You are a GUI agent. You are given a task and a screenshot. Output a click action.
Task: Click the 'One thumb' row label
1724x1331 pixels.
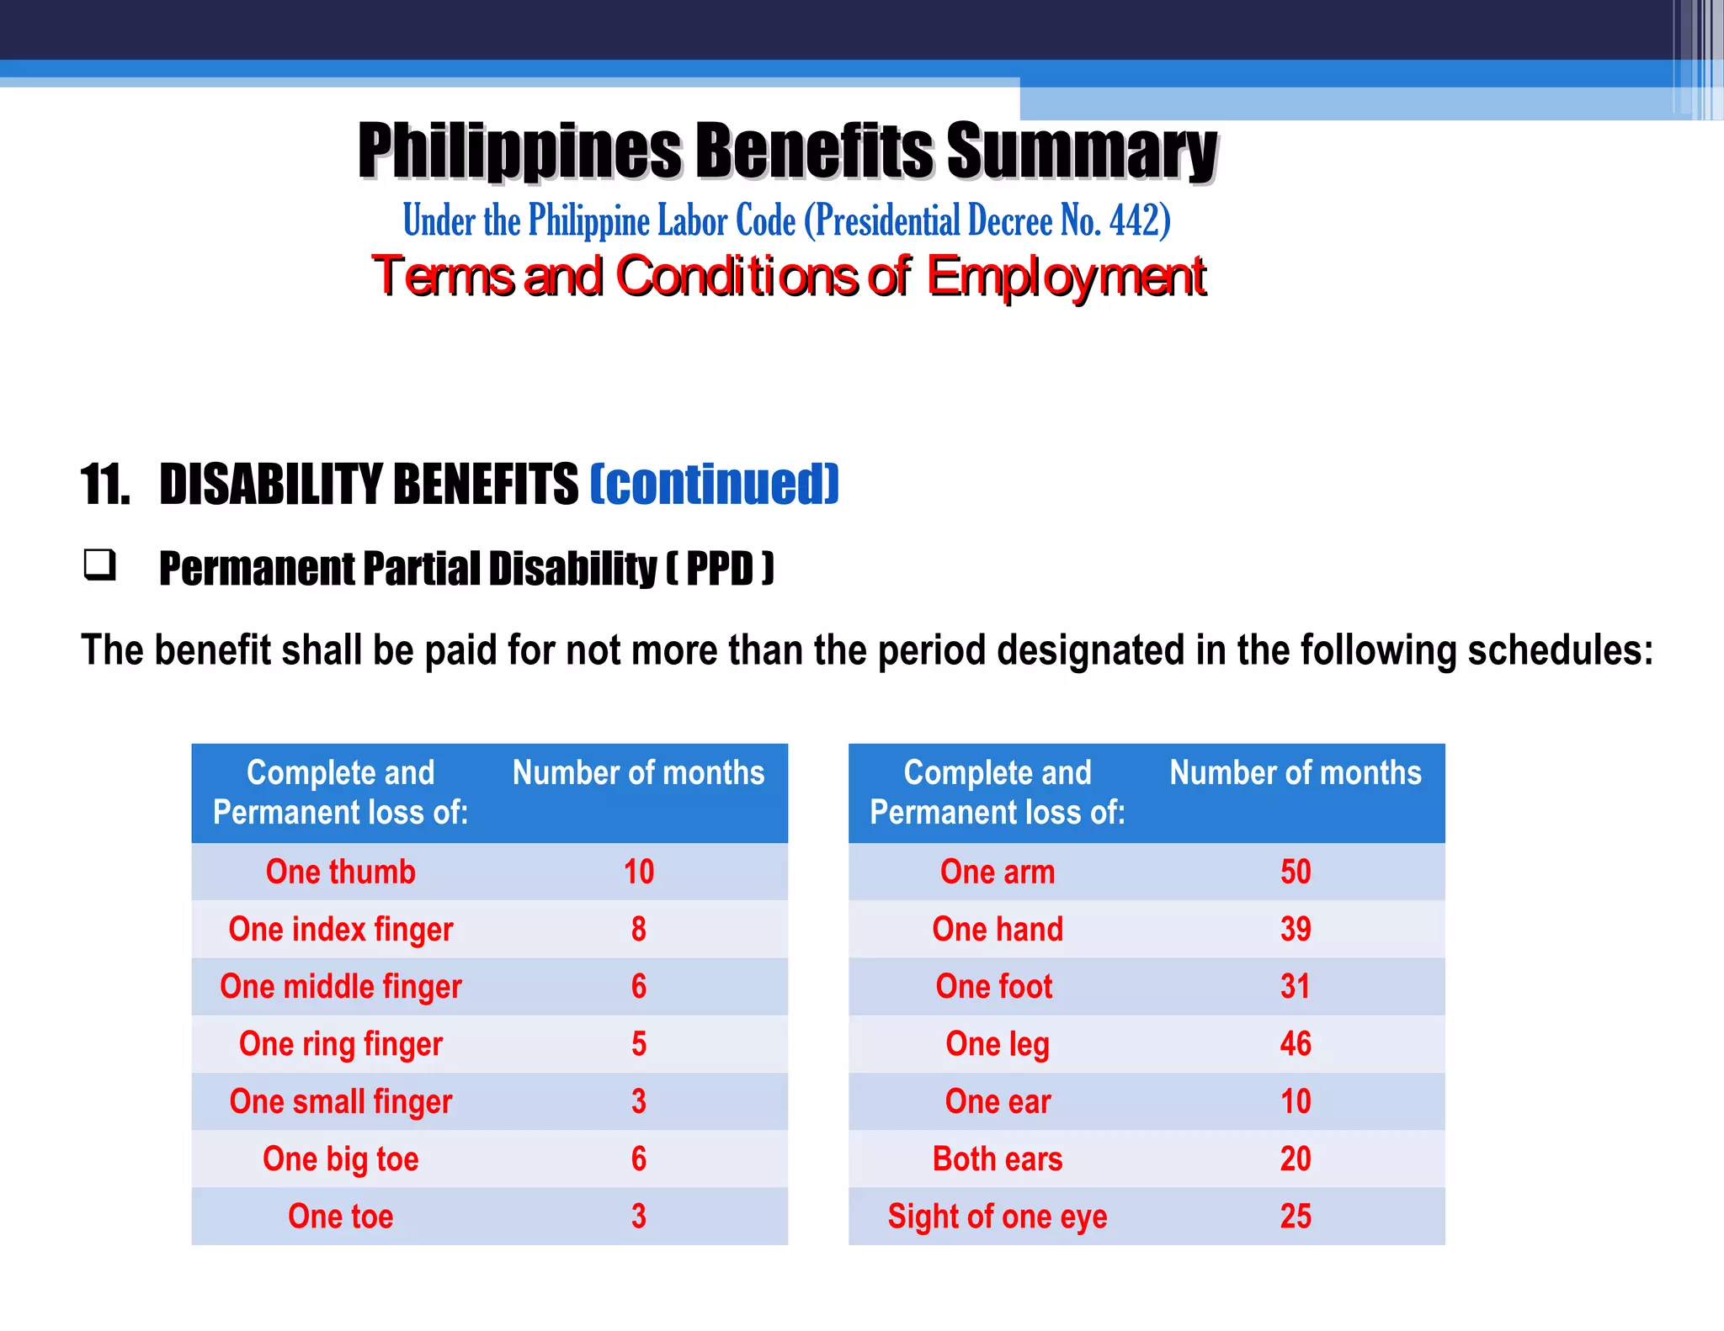tap(340, 872)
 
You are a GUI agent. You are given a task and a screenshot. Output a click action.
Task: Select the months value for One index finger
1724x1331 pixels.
tap(639, 929)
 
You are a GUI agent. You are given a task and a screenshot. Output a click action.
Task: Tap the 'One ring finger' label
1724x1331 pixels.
tap(340, 1044)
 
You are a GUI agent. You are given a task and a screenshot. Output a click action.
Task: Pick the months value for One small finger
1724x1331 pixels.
tap(639, 1101)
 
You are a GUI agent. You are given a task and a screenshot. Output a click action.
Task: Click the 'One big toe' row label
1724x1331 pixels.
tap(340, 1159)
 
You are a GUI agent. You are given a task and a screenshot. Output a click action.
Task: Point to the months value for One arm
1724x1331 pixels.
tap(1296, 872)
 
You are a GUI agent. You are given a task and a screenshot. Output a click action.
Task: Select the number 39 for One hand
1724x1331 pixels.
tap(1296, 929)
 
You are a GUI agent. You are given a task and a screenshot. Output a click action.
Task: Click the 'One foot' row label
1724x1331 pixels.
tap(994, 986)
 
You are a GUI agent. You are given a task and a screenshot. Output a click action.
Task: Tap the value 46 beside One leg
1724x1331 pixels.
tap(1296, 1044)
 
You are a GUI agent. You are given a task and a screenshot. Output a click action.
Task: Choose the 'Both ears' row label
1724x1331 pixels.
tap(998, 1159)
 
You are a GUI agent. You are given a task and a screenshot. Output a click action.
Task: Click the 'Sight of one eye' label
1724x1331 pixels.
tap(998, 1217)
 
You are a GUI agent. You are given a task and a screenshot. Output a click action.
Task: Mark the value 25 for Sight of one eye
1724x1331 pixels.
tap(1296, 1217)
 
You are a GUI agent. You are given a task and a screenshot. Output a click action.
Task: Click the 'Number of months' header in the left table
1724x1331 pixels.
tap(638, 772)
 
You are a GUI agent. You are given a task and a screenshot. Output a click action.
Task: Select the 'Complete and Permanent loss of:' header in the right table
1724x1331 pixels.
tap(998, 792)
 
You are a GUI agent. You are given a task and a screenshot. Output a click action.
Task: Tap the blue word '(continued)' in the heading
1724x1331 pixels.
tap(715, 484)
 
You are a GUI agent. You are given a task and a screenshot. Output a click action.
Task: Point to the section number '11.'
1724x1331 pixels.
tap(106, 485)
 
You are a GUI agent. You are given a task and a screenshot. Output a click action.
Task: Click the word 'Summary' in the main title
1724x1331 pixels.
tap(1082, 151)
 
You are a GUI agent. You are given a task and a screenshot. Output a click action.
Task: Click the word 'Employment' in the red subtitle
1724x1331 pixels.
tap(1067, 276)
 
